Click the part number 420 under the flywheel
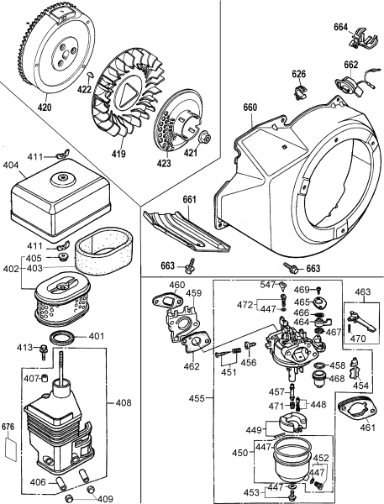click(44, 108)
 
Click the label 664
click(340, 27)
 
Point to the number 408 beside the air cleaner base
click(123, 403)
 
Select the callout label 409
click(105, 499)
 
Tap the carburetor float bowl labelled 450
click(294, 459)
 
